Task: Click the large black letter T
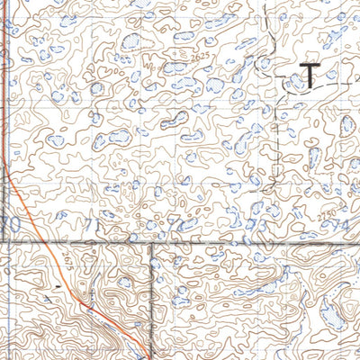pos(309,76)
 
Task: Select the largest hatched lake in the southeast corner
pos(332,310)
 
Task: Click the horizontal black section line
pos(225,242)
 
